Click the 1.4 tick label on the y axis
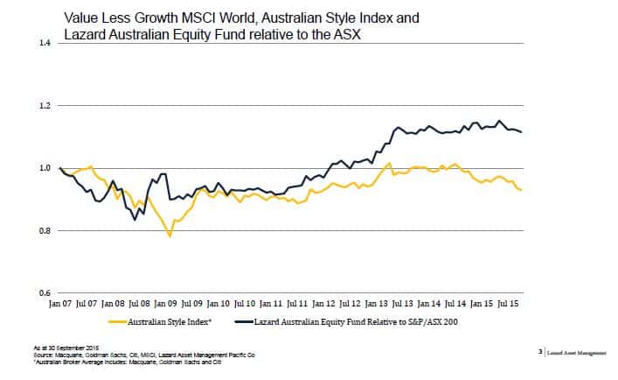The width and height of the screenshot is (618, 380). coord(44,43)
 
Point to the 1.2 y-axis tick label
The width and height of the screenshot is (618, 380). coord(44,106)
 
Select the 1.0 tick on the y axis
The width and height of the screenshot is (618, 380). coord(44,168)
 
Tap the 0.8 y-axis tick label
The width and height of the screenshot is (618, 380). coord(44,231)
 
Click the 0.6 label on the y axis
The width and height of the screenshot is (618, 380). coord(44,293)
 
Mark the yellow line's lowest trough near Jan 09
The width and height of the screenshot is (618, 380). coord(170,236)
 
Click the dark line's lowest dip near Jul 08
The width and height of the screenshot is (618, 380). coord(135,220)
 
